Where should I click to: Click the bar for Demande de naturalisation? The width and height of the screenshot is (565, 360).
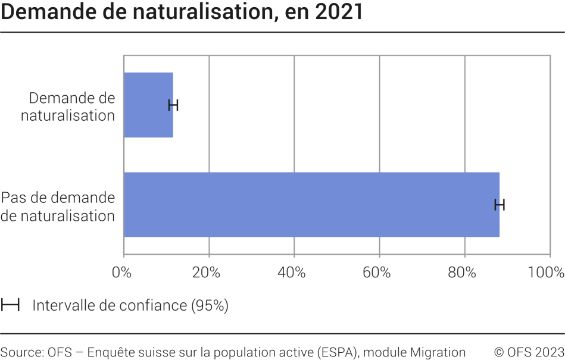148,105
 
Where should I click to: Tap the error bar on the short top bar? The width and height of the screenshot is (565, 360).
173,105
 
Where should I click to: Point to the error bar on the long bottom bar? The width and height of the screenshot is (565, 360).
500,205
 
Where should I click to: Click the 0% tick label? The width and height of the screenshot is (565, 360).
121,273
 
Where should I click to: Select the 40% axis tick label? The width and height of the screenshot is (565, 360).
291,273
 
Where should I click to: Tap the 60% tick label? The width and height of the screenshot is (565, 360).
376,273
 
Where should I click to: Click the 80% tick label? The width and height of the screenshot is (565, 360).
461,273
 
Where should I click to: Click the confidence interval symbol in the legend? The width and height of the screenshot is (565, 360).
10,306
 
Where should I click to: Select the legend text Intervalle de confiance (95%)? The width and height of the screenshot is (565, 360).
130,306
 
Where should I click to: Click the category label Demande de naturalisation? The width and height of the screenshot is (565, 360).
68,107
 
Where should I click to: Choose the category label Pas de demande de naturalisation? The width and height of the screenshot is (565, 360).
58,206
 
